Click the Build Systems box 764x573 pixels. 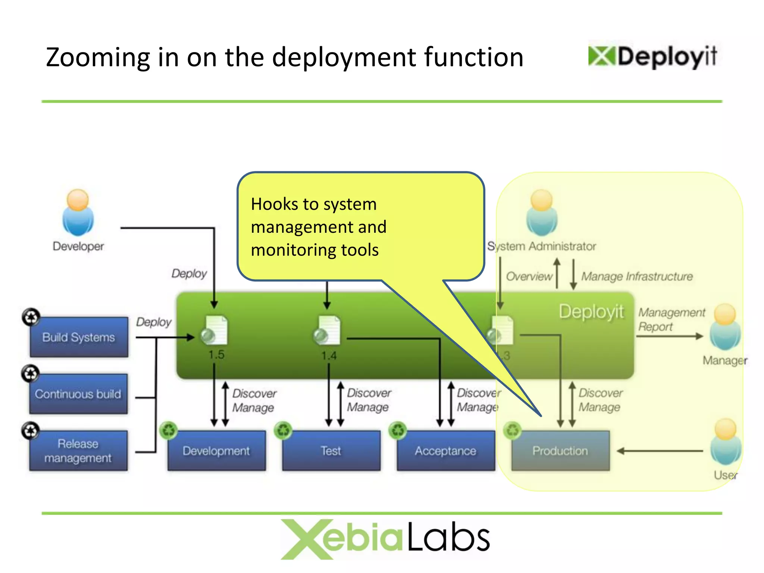coord(79,337)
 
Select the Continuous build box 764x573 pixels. coord(78,394)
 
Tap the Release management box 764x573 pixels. coord(78,451)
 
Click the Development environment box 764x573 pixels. coord(216,451)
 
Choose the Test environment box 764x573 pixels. coord(331,451)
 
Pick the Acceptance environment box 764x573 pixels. coord(445,451)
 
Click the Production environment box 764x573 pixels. coord(560,451)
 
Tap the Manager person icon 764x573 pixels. coord(725,327)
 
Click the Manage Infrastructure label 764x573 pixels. coord(636,276)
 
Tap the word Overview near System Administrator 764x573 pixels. coord(529,276)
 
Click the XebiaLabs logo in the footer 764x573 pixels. coord(385,539)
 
